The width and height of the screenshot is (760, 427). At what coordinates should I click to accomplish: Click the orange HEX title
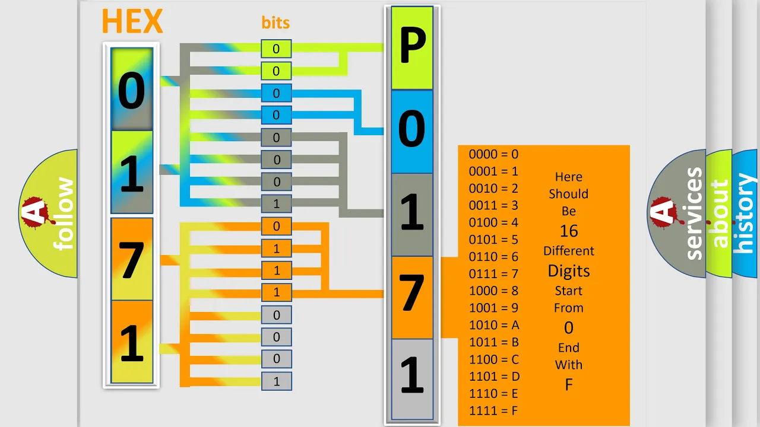point(132,21)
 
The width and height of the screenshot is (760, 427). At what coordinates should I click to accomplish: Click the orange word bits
point(275,23)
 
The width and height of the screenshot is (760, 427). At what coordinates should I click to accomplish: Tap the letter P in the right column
point(413,45)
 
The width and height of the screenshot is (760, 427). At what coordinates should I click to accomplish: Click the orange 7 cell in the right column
point(412,297)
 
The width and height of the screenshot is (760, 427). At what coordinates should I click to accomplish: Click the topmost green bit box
point(276,49)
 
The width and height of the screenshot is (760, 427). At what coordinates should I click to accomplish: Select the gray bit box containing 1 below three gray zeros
point(276,203)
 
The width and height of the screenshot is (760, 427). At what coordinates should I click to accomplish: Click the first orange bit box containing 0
point(276,226)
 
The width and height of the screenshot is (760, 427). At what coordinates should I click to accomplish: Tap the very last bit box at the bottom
point(276,381)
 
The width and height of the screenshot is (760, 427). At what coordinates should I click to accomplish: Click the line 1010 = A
point(494,325)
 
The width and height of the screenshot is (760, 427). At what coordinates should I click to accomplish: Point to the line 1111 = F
point(493,411)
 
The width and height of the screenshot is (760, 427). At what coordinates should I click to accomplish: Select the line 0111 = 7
point(493,273)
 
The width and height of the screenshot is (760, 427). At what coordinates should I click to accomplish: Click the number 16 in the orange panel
point(569,231)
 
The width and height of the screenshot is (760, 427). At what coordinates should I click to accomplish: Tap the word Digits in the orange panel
point(569,271)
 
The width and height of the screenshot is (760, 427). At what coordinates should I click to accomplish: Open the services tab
point(677,213)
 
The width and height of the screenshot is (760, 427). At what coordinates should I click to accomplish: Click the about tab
point(719,213)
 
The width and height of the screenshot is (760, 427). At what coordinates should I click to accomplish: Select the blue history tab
point(745,213)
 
